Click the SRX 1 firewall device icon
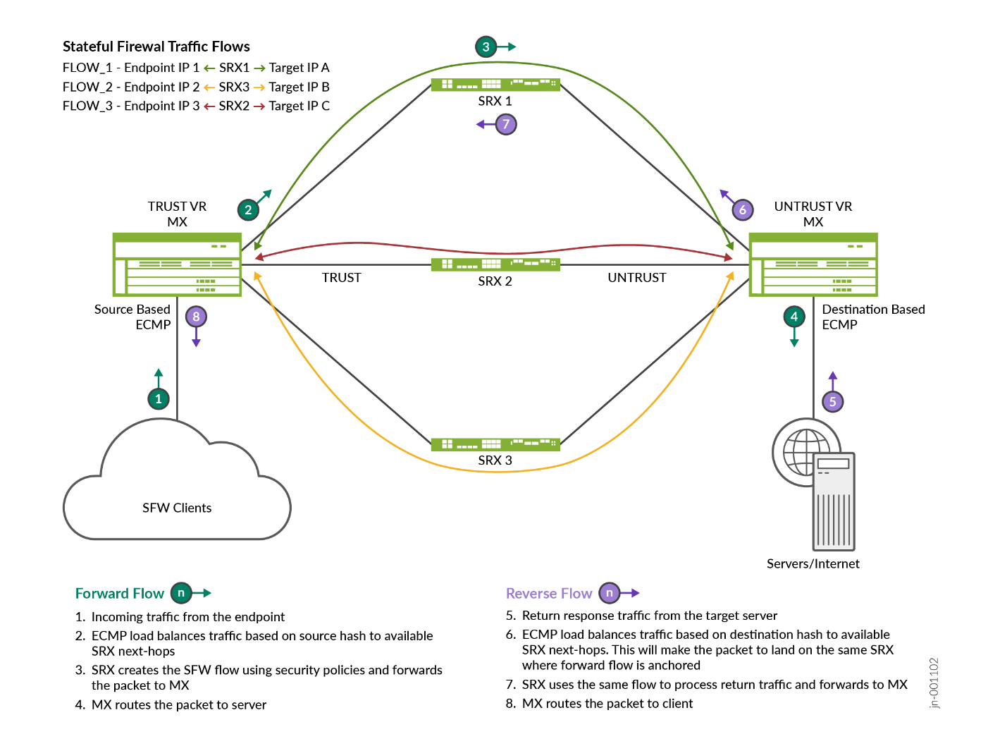click(x=495, y=85)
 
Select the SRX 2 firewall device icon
click(x=495, y=264)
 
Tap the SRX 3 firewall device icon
click(x=495, y=444)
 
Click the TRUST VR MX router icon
click(x=177, y=264)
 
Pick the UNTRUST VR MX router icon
click(x=813, y=264)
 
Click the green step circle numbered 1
click(x=159, y=399)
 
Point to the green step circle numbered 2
click(x=248, y=209)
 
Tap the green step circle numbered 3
click(x=486, y=47)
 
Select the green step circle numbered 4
click(x=794, y=317)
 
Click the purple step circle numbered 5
click(x=833, y=402)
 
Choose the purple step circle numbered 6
click(x=742, y=209)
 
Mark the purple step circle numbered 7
click(x=506, y=125)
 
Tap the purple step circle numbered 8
click(x=196, y=317)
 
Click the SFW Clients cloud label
click(x=177, y=508)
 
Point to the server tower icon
click(x=834, y=501)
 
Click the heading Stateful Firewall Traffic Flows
click(x=156, y=47)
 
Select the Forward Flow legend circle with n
click(x=181, y=593)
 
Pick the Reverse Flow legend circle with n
click(x=610, y=593)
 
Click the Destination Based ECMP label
click(x=873, y=317)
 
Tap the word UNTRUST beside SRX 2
click(x=637, y=278)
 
